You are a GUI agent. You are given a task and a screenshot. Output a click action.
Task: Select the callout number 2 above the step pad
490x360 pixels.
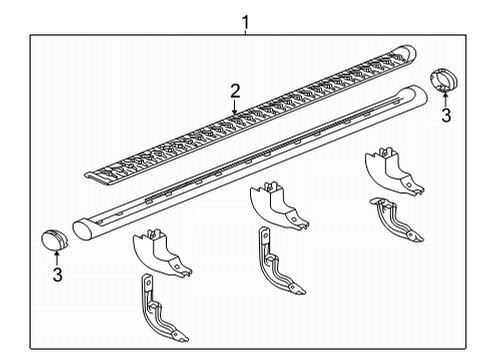coord(235,91)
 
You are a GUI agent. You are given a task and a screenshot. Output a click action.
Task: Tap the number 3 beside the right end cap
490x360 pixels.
coord(446,115)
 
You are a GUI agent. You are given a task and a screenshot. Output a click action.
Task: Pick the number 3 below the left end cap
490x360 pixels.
coord(57,273)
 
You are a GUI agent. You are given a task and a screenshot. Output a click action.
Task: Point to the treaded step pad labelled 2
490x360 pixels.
coord(250,125)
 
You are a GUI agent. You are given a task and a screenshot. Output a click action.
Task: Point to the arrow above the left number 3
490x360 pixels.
coord(57,256)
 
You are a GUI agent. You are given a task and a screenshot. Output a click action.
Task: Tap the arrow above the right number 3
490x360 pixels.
coord(444,100)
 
